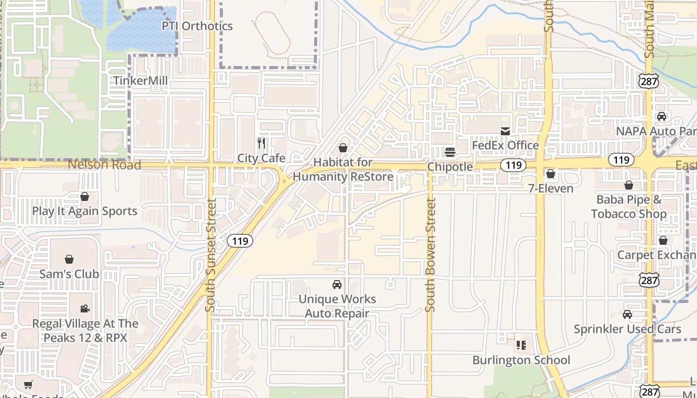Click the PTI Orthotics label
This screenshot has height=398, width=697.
(197, 26)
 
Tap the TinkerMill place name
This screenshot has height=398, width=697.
(140, 81)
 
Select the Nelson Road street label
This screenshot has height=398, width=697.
(105, 165)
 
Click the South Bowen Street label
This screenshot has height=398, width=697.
(431, 255)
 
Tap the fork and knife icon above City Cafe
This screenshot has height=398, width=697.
(261, 143)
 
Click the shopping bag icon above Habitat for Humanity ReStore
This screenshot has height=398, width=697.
(343, 148)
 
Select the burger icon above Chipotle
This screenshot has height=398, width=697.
(450, 152)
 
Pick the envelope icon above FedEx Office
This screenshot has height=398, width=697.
(505, 131)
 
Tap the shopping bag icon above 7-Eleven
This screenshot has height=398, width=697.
(551, 174)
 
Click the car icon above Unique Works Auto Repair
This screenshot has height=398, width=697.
(337, 285)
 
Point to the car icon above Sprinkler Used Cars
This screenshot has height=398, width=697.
(627, 314)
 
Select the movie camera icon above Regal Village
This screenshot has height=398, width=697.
(85, 309)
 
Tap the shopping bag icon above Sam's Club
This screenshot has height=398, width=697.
(69, 259)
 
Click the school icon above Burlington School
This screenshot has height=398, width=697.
(521, 345)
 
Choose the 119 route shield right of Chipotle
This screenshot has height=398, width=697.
(513, 165)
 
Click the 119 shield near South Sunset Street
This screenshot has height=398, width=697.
(240, 241)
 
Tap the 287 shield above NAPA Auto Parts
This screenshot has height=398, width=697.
(649, 82)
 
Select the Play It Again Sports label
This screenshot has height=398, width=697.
(85, 211)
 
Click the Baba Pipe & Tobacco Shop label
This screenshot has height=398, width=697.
(629, 206)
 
